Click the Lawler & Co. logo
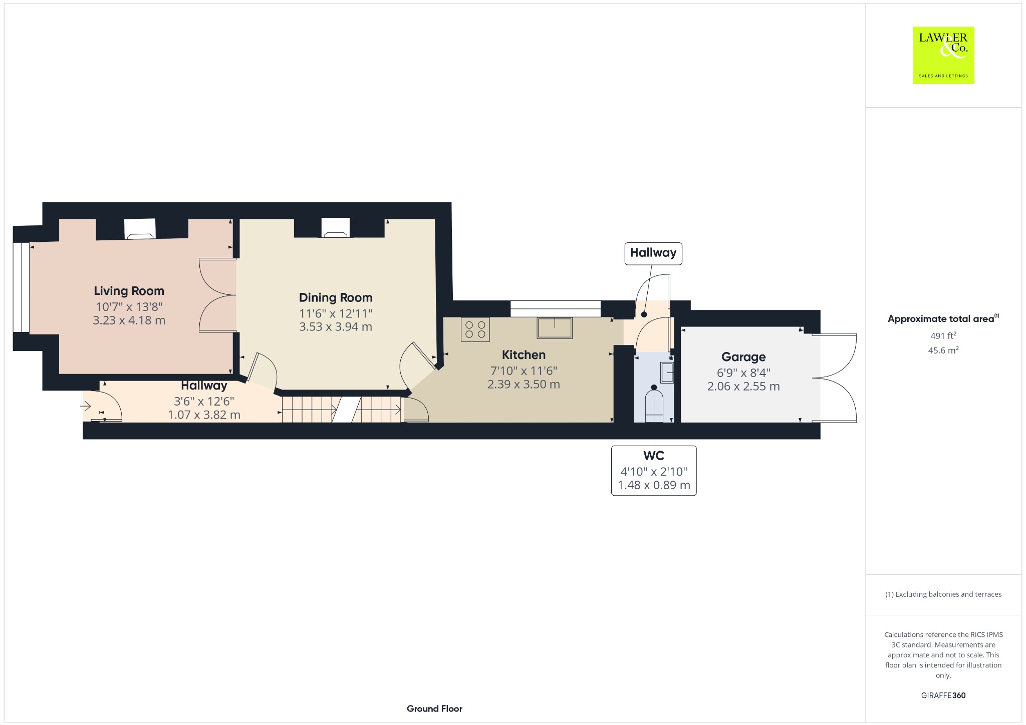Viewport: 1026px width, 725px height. pyautogui.click(x=943, y=55)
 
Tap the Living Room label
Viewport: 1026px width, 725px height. pyautogui.click(x=129, y=291)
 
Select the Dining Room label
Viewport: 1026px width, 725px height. pyautogui.click(x=336, y=297)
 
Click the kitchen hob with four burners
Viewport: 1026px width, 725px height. pyautogui.click(x=475, y=329)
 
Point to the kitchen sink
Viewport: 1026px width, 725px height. pyautogui.click(x=555, y=327)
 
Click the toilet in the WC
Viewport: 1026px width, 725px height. pyautogui.click(x=654, y=403)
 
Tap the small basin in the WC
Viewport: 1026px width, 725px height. pyautogui.click(x=667, y=373)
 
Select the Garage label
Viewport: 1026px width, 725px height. pyautogui.click(x=743, y=357)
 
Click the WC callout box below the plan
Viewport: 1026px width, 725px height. pyautogui.click(x=654, y=471)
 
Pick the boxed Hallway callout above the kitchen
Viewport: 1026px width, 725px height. pyautogui.click(x=653, y=253)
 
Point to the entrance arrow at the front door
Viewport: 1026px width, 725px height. pyautogui.click(x=86, y=406)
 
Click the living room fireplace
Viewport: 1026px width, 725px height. pyautogui.click(x=140, y=229)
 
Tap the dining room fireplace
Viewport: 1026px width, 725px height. pyautogui.click(x=335, y=228)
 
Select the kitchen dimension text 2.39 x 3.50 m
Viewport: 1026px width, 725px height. pyautogui.click(x=524, y=385)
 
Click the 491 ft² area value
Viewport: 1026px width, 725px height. pyautogui.click(x=943, y=335)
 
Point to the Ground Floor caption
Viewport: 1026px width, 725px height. pyautogui.click(x=434, y=708)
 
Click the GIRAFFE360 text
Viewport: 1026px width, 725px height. pyautogui.click(x=943, y=695)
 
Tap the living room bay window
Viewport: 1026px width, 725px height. pyautogui.click(x=21, y=287)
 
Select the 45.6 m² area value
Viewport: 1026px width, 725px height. pyautogui.click(x=943, y=350)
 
